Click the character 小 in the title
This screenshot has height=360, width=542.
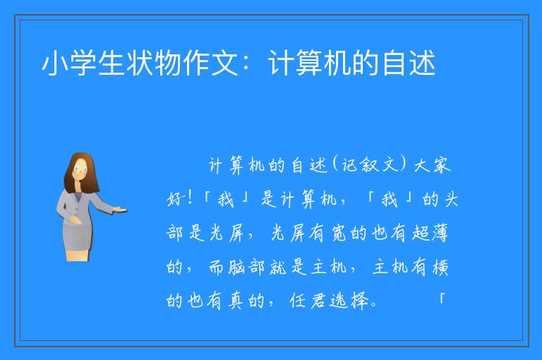coord(55,63)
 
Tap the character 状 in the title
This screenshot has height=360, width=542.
coord(140,63)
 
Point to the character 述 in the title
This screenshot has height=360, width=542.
coord(422,63)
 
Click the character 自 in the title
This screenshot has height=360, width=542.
coord(394,63)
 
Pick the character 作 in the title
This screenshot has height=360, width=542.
coord(197,63)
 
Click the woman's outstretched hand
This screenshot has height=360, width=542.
coord(121,209)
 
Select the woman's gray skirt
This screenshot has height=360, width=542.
coord(78,234)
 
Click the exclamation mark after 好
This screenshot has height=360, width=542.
coord(189,198)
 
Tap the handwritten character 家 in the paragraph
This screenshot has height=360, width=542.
coord(441,165)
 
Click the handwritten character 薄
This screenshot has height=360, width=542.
coord(440,232)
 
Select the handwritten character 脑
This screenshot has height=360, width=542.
coord(237,267)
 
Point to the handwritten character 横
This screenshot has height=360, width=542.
coord(440,267)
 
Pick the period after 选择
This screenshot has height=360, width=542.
coord(373,305)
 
